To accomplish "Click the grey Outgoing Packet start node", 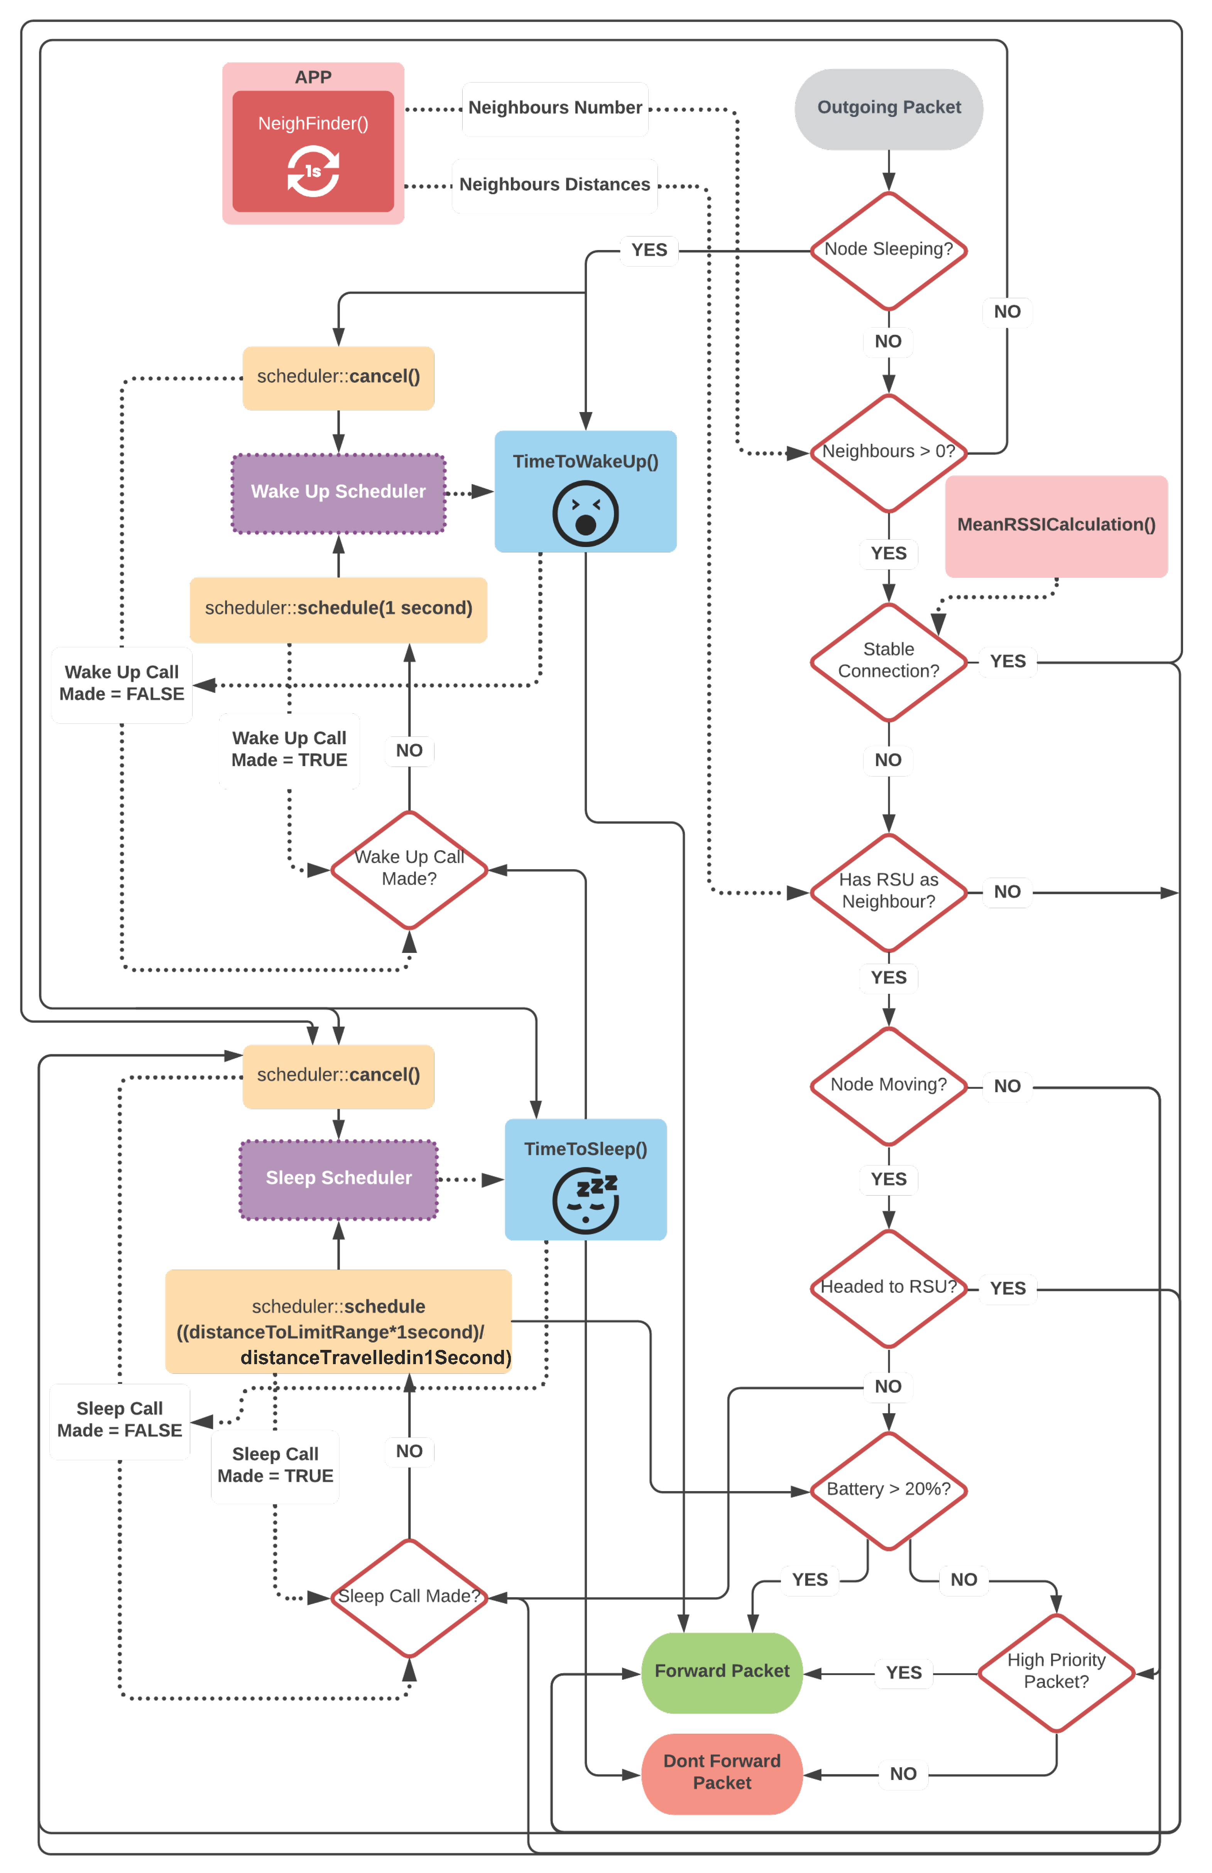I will point(889,108).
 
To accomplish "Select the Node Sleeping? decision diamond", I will point(889,250).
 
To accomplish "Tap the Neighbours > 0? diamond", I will point(889,452).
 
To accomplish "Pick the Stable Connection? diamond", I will point(889,661).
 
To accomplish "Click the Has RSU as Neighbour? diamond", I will point(889,891).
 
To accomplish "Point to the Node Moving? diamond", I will point(889,1086).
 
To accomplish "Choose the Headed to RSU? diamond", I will point(889,1288).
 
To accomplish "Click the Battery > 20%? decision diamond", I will point(889,1490).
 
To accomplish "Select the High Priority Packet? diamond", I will point(1056,1672).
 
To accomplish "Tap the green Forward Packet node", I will point(722,1672).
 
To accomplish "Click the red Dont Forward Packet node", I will point(722,1773).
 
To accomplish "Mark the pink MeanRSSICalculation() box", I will point(1056,525).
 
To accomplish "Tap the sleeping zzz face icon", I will point(585,1200).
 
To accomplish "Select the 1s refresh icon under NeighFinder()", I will point(313,171).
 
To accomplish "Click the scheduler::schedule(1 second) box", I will point(338,609).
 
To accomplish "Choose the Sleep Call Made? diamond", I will point(409,1597).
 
